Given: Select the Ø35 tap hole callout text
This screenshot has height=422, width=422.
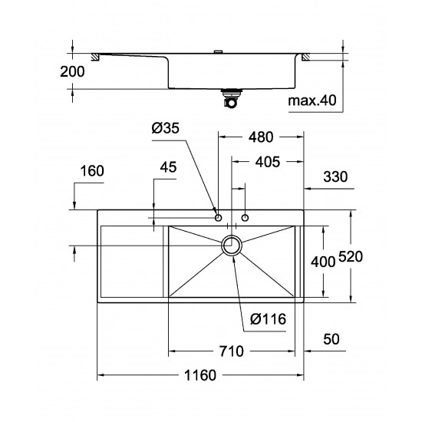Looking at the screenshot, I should click(x=165, y=130).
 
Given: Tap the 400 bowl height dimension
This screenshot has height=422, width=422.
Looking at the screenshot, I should click(x=323, y=262).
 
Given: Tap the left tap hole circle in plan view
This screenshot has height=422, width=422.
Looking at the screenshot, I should click(x=219, y=219).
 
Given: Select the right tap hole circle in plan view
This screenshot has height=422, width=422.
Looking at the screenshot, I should click(x=246, y=219).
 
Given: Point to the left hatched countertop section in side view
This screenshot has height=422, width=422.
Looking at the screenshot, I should click(x=96, y=56).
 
